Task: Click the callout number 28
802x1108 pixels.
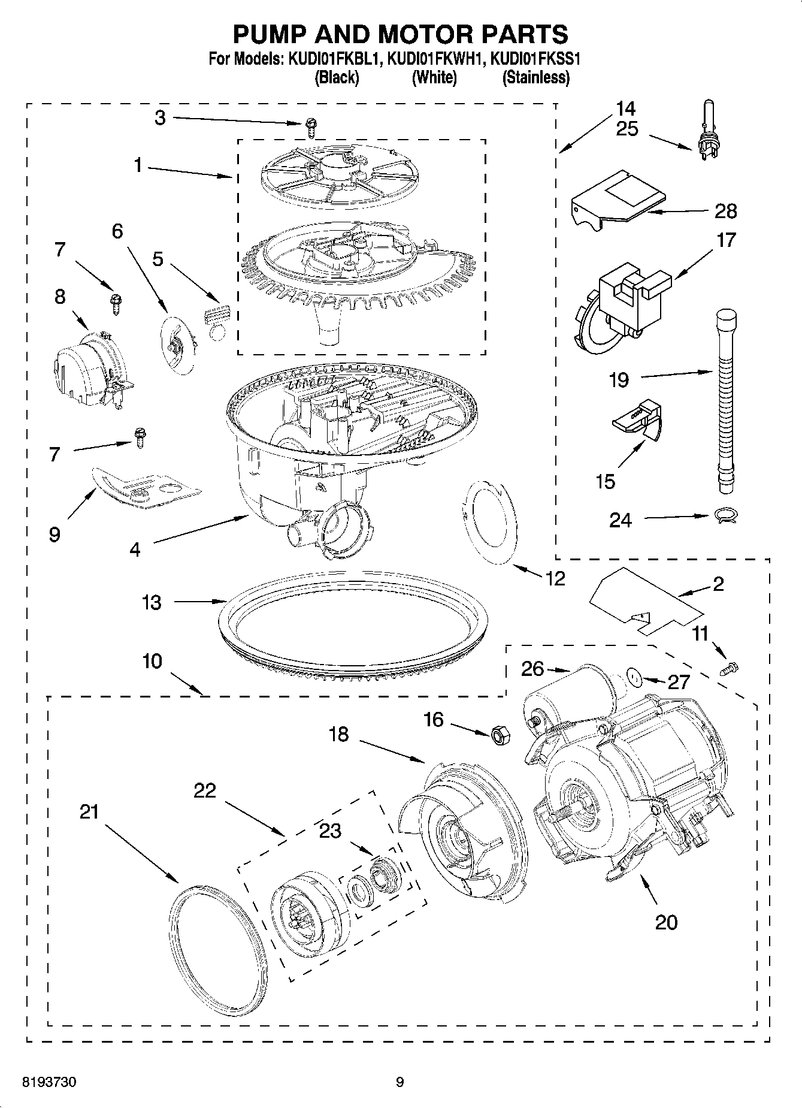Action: [x=725, y=211]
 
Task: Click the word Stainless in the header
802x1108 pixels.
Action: [x=536, y=77]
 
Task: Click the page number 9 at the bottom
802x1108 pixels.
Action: [x=400, y=1082]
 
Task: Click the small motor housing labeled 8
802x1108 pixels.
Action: [x=89, y=369]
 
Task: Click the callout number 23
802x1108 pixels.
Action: [x=330, y=831]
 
